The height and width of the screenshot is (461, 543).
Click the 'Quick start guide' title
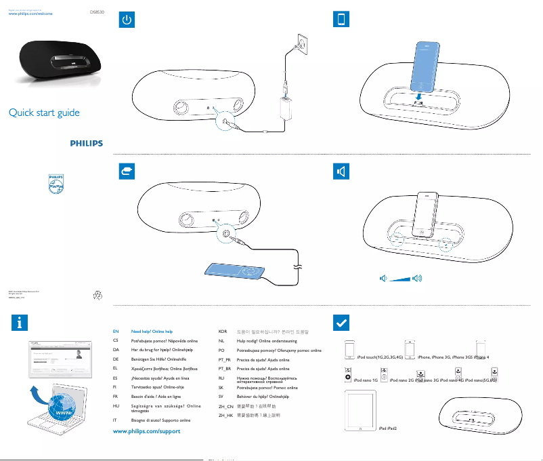point(44,113)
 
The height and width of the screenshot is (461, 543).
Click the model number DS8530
point(99,12)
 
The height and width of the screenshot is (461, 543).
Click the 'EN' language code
point(116,332)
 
